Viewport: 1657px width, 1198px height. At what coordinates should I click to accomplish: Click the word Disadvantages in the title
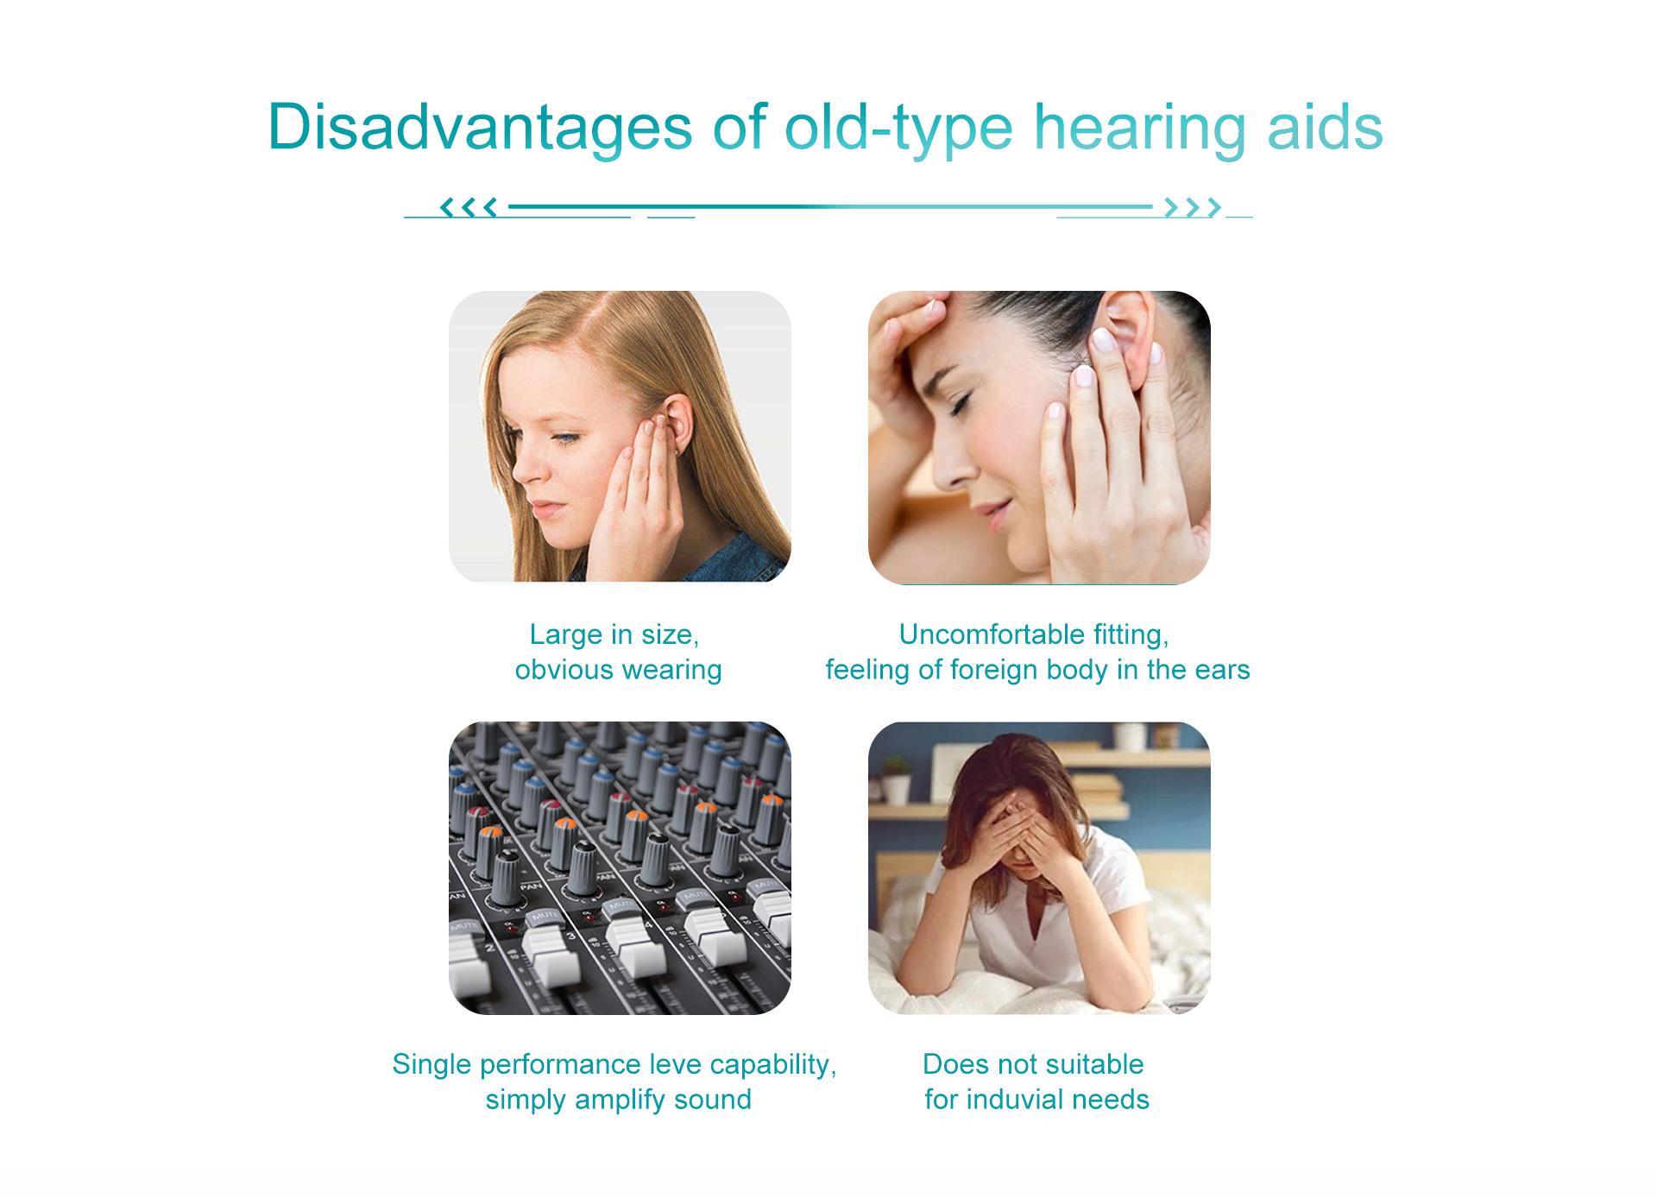click(481, 127)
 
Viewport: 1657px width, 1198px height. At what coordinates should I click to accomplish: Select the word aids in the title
click(1325, 127)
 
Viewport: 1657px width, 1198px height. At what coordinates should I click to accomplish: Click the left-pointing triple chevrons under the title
click(469, 207)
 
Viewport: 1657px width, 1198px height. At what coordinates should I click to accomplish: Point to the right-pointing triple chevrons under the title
click(1193, 207)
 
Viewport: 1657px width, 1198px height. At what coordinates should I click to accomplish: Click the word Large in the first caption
click(566, 635)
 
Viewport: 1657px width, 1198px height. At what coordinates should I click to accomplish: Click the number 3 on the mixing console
click(570, 936)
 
